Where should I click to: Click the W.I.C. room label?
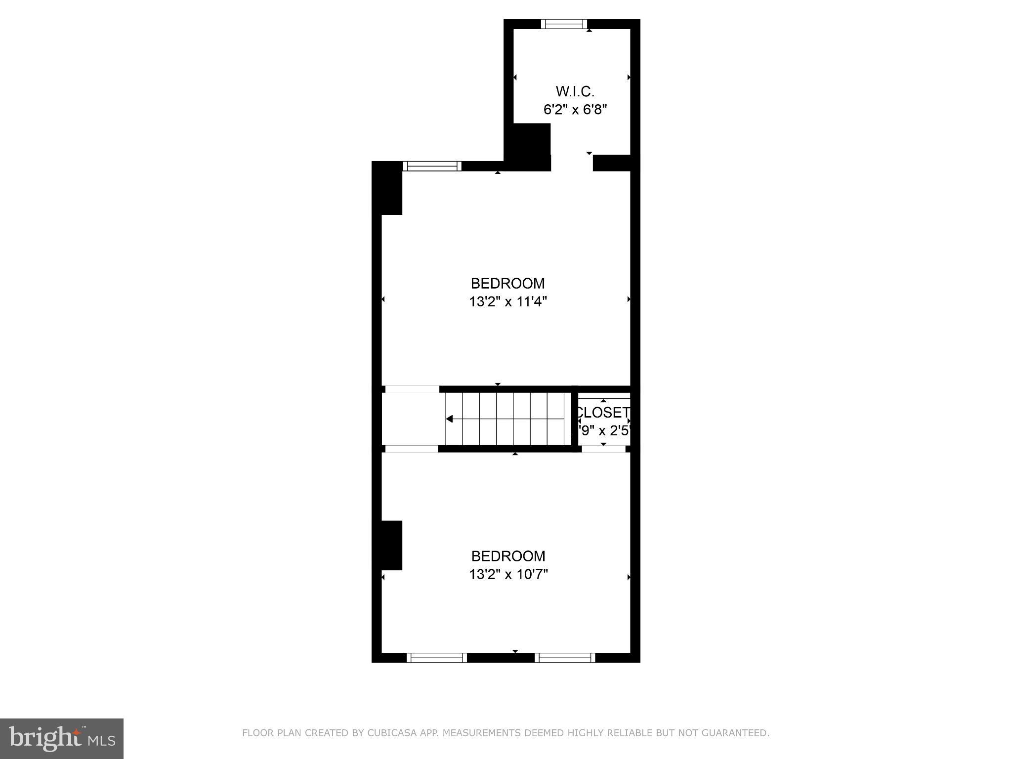[575, 91]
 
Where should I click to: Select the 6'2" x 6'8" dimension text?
[575, 109]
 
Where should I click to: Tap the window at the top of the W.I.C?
[564, 24]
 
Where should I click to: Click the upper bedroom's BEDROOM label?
[507, 284]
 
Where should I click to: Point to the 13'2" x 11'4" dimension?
[508, 301]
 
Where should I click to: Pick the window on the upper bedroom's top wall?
[432, 166]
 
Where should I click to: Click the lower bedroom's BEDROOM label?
[508, 556]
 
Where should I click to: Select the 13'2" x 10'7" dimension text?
[508, 574]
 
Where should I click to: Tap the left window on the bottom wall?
[436, 658]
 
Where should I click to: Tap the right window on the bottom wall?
[565, 658]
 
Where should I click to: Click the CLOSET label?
[603, 413]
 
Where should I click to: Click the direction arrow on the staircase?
[449, 419]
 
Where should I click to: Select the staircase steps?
[509, 419]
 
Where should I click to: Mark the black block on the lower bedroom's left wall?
[391, 546]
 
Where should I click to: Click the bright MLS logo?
[62, 738]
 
